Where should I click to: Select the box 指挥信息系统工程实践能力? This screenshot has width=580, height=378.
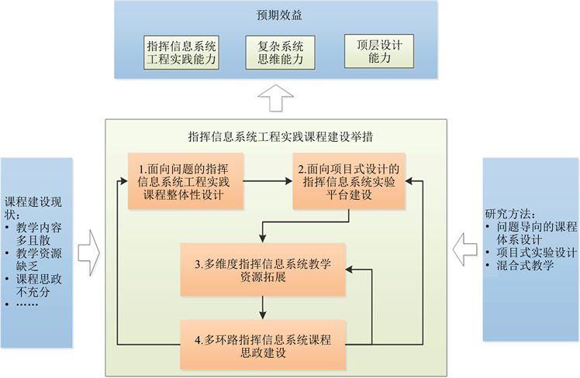pyautogui.click(x=181, y=51)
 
